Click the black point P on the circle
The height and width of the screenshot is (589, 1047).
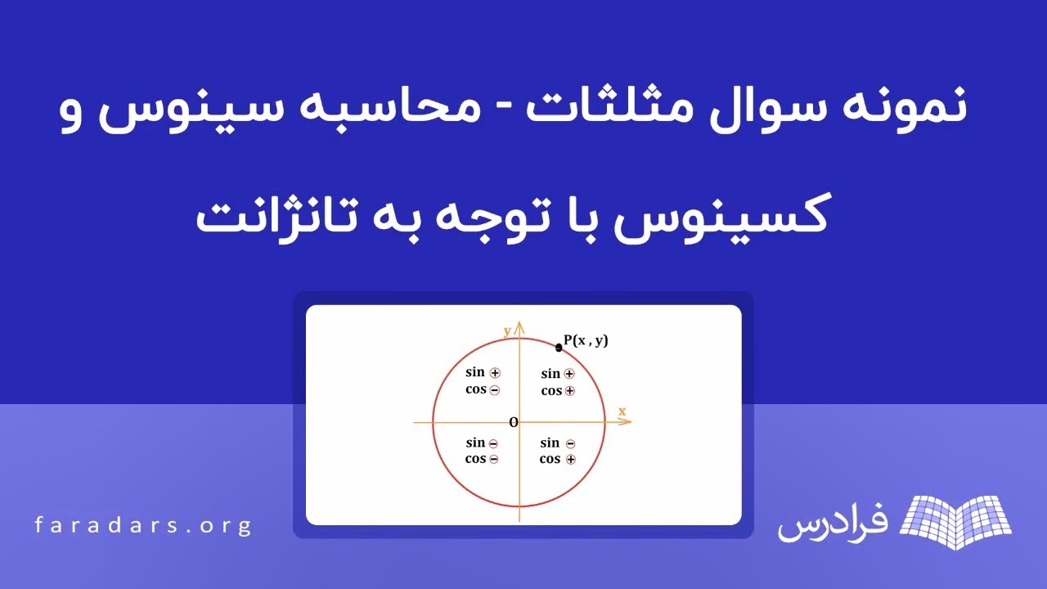coord(559,347)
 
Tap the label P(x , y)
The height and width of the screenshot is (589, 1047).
coord(586,340)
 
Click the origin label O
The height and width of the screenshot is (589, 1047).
coord(514,422)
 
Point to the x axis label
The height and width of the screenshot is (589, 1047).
coord(622,411)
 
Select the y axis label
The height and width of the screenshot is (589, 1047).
coord(507,330)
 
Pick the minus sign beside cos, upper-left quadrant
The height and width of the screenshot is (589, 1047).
coord(495,390)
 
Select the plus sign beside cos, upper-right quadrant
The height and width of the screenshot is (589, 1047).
coord(570,391)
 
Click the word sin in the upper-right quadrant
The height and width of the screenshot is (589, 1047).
coord(550,374)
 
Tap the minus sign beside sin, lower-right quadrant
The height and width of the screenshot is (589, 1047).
coord(570,443)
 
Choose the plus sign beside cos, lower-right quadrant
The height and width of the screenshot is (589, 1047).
coord(570,460)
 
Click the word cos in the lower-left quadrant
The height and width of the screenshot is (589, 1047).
coord(475,459)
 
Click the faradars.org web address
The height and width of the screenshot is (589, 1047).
coord(143,525)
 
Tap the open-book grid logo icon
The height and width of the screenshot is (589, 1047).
coord(955,520)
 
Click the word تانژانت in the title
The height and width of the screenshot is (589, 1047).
coord(263,218)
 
